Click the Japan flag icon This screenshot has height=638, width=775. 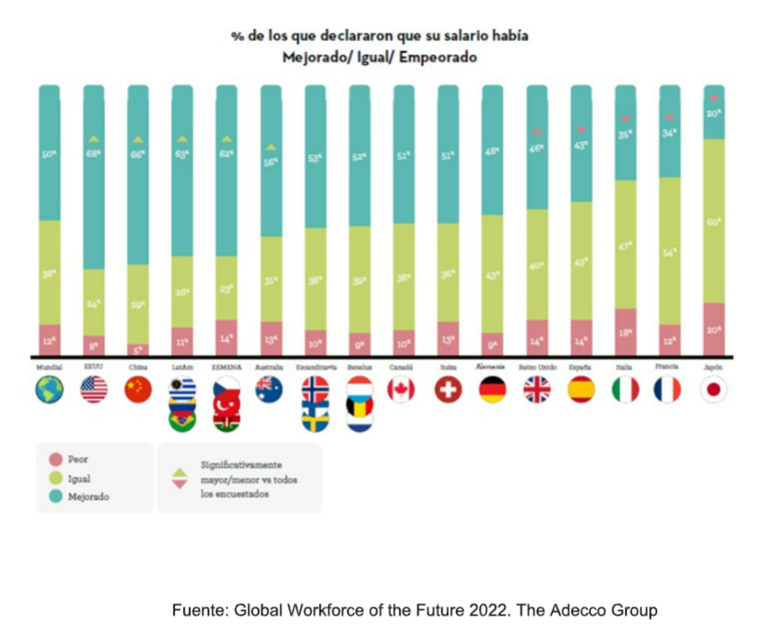tap(715, 390)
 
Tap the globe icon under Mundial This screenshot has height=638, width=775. tap(49, 390)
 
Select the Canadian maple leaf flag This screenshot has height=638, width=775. tap(402, 390)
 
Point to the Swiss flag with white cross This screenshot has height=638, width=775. tap(448, 390)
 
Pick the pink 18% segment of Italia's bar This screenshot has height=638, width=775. tap(625, 332)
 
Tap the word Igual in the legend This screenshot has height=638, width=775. tap(79, 478)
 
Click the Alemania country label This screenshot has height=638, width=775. tap(492, 368)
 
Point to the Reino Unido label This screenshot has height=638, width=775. tap(536, 368)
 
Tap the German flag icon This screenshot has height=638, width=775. tap(492, 390)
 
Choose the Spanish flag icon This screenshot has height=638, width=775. tap(581, 390)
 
